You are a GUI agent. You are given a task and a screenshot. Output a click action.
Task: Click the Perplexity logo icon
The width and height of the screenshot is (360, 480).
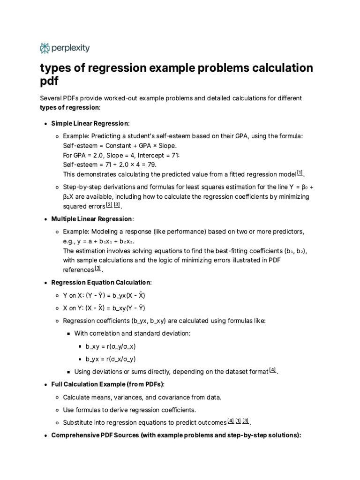[45, 48]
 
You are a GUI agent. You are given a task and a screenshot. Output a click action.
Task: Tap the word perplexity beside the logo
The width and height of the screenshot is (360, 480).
[70, 48]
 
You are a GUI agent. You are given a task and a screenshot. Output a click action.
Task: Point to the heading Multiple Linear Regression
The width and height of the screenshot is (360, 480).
[92, 219]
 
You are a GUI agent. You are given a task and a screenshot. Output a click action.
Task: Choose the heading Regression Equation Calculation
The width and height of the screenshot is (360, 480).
[101, 283]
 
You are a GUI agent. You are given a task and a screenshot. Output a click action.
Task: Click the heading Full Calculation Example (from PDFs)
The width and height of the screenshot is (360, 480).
[107, 384]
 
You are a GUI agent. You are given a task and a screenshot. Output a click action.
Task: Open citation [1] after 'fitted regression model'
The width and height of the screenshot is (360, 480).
[300, 173]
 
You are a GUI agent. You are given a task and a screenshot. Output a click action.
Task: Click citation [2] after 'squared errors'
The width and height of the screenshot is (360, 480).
[109, 205]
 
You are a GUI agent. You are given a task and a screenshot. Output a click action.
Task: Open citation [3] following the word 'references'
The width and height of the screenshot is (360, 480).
[97, 269]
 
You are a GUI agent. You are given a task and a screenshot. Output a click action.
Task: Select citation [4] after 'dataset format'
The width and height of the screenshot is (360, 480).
[273, 370]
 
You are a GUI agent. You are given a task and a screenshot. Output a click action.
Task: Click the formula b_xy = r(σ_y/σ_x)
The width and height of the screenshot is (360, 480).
[111, 346]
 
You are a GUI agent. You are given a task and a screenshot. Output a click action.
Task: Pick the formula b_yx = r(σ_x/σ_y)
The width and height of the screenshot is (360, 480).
[111, 359]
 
